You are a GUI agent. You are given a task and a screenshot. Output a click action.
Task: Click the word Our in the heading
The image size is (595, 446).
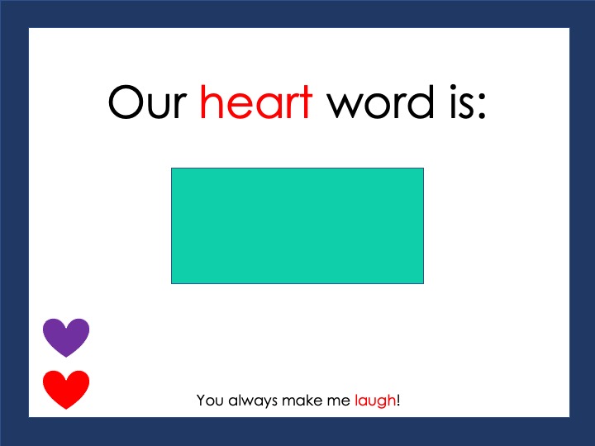coord(147,102)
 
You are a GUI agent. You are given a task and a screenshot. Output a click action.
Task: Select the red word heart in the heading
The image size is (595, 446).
coord(256,101)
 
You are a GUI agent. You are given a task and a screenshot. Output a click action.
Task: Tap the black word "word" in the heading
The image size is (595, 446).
coord(381,101)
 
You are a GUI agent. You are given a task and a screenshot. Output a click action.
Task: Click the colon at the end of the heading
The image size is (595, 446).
coord(482,107)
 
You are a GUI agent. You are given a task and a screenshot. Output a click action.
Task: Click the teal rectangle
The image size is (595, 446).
coord(297,225)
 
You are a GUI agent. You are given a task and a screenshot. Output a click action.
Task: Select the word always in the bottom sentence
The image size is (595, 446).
coord(253,401)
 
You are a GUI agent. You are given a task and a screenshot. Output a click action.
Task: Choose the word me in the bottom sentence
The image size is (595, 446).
coord(341,401)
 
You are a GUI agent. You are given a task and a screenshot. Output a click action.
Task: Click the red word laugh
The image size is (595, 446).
coord(375,401)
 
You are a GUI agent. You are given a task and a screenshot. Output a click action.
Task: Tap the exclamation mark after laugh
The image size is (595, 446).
coord(398,400)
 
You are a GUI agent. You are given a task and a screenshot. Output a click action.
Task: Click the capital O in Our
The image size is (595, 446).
coord(126,102)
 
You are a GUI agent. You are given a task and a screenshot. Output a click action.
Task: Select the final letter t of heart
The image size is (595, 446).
coord(306,103)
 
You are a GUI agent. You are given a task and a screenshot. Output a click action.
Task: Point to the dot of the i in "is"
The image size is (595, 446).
coord(454,88)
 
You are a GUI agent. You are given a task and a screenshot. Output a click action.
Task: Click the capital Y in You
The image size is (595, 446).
coord(202,400)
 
